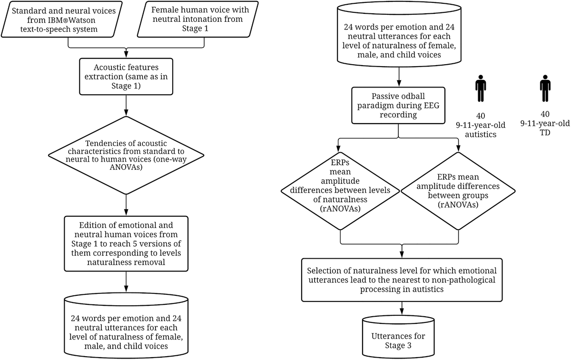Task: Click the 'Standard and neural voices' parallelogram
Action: pyautogui.click(x=62, y=19)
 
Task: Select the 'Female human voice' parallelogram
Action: pyautogui.click(x=198, y=19)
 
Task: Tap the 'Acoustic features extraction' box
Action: pyautogui.click(x=126, y=77)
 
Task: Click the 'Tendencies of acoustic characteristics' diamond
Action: pyautogui.click(x=126, y=156)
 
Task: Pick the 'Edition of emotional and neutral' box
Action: pyautogui.click(x=126, y=243)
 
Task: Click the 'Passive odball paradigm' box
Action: pyautogui.click(x=398, y=106)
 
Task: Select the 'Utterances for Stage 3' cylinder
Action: pyautogui.click(x=398, y=337)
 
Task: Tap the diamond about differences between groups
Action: pyautogui.click(x=458, y=191)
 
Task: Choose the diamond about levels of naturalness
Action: pyautogui.click(x=340, y=191)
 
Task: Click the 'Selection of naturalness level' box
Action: pyautogui.click(x=402, y=280)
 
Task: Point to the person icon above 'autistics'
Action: pyautogui.click(x=481, y=88)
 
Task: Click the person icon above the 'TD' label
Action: pyautogui.click(x=545, y=88)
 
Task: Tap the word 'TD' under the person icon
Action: pyautogui.click(x=545, y=133)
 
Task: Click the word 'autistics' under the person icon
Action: pyautogui.click(x=481, y=134)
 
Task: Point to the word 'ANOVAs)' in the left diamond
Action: pyautogui.click(x=126, y=167)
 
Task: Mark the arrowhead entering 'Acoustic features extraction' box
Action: pyautogui.click(x=126, y=55)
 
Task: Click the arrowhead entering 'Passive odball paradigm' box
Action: pyautogui.click(x=399, y=84)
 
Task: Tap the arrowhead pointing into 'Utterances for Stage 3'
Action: pyautogui.click(x=402, y=312)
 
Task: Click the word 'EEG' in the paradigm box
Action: pyautogui.click(x=431, y=106)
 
